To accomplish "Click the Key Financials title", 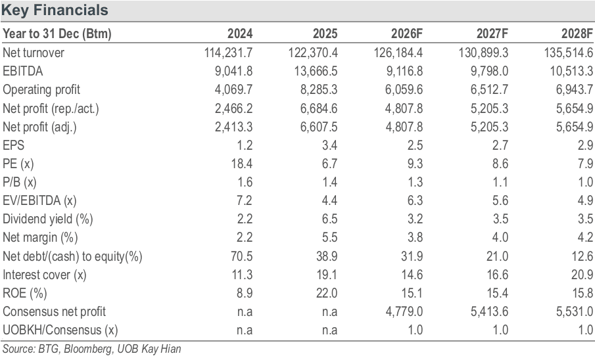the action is coord(55,11).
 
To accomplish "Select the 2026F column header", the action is coord(407,34).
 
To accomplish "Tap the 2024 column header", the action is coord(240,34).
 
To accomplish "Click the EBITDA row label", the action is coord(23,71).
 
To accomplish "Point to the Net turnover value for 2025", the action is coord(313,53).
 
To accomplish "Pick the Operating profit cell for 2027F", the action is coord(489,89).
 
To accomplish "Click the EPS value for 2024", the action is coord(245,145).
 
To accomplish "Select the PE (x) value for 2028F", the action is coord(586,164).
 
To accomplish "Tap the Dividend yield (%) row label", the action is coord(48,219).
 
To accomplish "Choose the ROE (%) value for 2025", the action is coord(327,293).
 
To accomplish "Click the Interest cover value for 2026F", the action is coord(412,275).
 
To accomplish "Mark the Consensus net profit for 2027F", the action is coord(489,311).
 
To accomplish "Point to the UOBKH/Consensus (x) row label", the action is coord(60,330).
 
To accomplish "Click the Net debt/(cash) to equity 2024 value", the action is coord(242,256).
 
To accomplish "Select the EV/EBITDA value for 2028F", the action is coord(586,200).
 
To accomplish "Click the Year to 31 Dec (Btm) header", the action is coord(57,34).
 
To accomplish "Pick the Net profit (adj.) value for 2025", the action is coord(319,127).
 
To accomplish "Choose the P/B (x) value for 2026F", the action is coord(415,182).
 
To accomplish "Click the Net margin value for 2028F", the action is coord(586,237).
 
